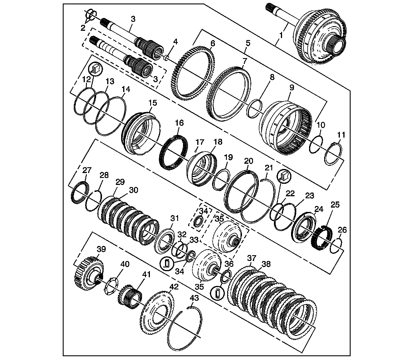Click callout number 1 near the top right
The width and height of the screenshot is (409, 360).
[281, 36]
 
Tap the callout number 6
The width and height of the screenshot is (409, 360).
[213, 44]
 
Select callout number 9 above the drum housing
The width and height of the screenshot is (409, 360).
[291, 87]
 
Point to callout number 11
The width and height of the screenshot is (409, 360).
[341, 135]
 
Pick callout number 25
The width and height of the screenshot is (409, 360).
[335, 205]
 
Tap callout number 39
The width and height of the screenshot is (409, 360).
[101, 249]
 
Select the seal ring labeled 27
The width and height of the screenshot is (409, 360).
[79, 193]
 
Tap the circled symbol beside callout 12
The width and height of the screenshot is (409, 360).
[96, 69]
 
